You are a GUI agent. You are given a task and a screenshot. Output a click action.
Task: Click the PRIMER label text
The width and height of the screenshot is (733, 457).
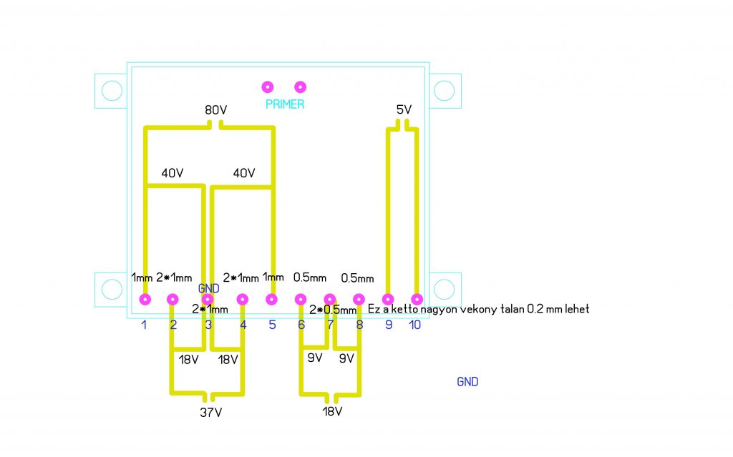click(x=285, y=104)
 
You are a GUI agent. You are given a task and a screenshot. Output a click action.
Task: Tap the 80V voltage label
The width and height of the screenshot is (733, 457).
click(x=215, y=111)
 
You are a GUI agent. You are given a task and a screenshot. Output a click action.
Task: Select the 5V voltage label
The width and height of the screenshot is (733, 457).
click(x=404, y=110)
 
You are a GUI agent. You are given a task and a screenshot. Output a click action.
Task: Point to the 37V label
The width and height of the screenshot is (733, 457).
click(x=210, y=412)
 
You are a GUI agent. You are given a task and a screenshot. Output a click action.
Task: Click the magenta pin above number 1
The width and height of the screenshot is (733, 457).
click(x=145, y=300)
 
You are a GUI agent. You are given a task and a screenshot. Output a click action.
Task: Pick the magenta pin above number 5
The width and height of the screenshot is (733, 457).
click(x=271, y=300)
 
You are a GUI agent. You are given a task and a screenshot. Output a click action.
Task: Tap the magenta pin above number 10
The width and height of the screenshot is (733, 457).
click(x=417, y=300)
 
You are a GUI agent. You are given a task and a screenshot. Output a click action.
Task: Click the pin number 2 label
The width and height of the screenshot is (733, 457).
click(x=173, y=325)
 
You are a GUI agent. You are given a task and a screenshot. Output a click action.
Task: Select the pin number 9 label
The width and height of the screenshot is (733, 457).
click(x=389, y=325)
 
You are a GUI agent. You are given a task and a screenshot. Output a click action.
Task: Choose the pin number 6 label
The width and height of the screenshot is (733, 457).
click(x=301, y=325)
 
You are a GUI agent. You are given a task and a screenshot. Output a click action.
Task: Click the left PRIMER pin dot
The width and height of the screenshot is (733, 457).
click(x=268, y=87)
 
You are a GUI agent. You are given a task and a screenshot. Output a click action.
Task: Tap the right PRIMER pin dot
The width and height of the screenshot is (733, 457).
click(x=301, y=87)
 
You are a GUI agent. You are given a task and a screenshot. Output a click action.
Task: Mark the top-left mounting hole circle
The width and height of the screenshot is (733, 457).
click(x=112, y=91)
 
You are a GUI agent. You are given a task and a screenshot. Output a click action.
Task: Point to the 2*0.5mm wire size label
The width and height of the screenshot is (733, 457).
click(x=332, y=310)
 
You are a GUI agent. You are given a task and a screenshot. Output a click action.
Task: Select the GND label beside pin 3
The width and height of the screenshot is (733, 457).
click(x=208, y=288)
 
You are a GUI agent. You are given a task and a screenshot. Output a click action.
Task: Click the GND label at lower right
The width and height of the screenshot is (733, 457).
click(x=467, y=382)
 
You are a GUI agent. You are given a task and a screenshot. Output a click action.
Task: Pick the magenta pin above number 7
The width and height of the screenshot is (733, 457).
click(x=330, y=300)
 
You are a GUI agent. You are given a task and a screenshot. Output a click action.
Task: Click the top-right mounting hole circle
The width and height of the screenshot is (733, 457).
click(x=444, y=91)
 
